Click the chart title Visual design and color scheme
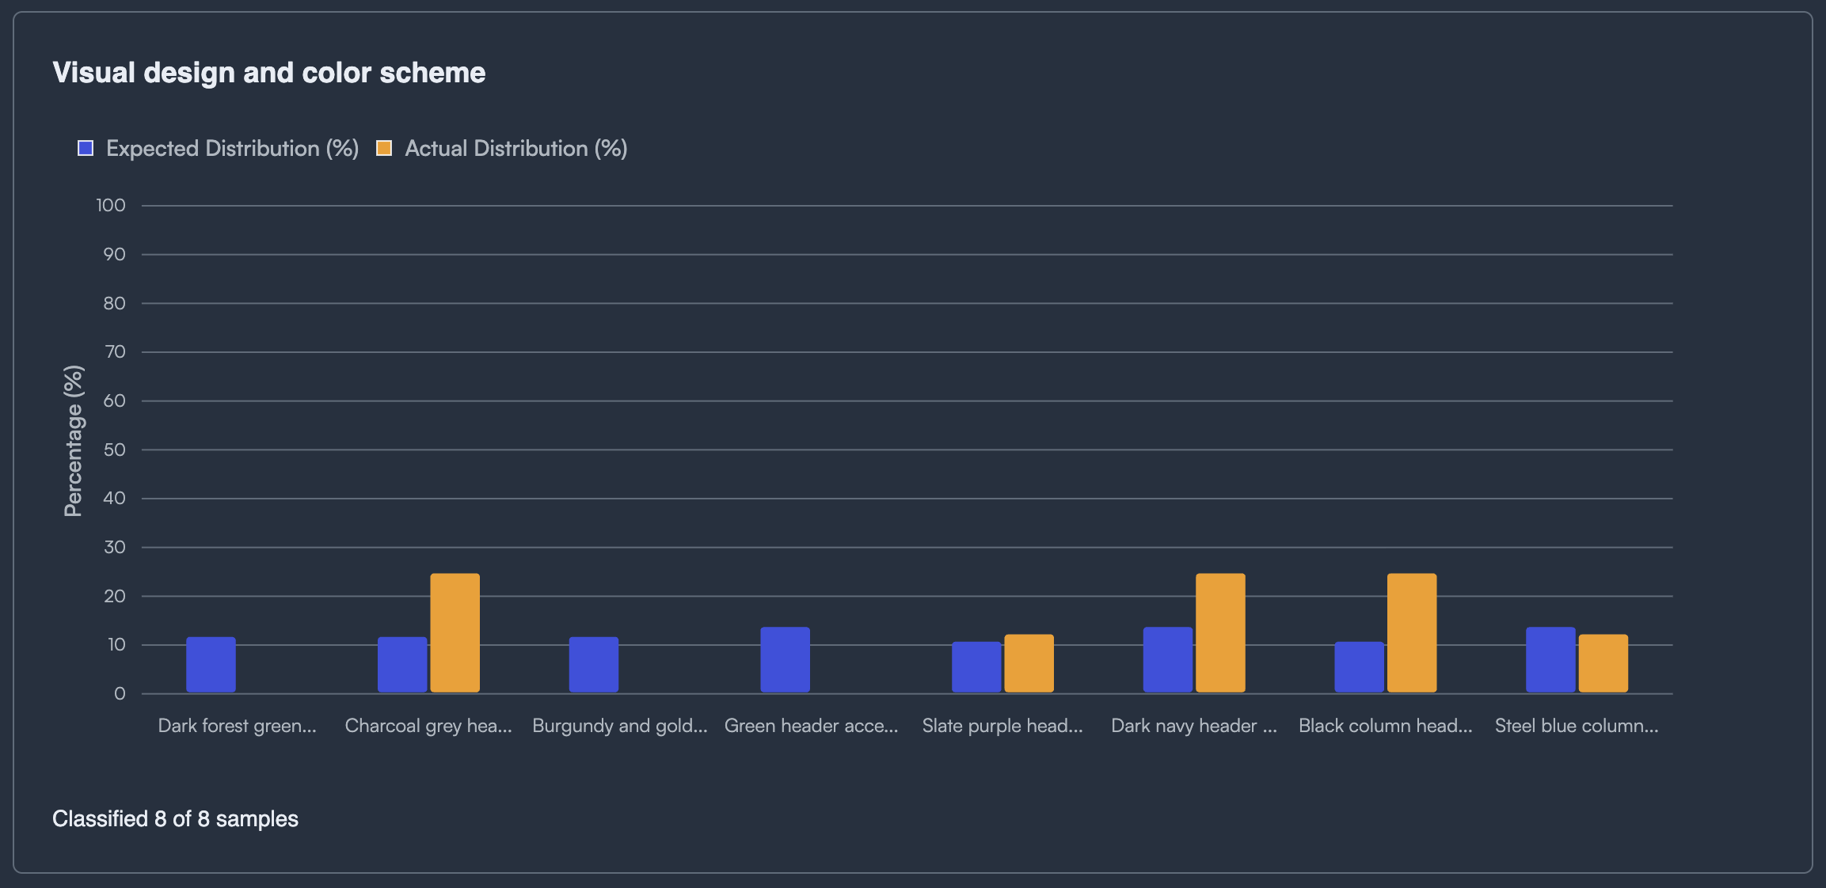[269, 73]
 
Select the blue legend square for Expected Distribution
[86, 148]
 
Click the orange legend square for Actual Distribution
[384, 148]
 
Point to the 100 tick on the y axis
[111, 206]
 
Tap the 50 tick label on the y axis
[114, 450]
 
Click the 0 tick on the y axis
[120, 694]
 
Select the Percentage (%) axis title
[73, 441]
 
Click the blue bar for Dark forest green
[211, 665]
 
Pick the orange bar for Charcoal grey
[455, 633]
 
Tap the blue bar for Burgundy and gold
[593, 665]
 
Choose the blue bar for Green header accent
[785, 660]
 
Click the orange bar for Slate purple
[1029, 663]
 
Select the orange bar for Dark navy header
[1220, 633]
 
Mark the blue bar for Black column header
[1359, 667]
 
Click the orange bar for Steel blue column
[1603, 663]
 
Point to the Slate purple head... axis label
[1002, 726]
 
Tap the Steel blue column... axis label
[1576, 726]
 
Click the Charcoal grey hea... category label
[428, 726]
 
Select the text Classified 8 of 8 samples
[175, 818]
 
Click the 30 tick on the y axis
[114, 548]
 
